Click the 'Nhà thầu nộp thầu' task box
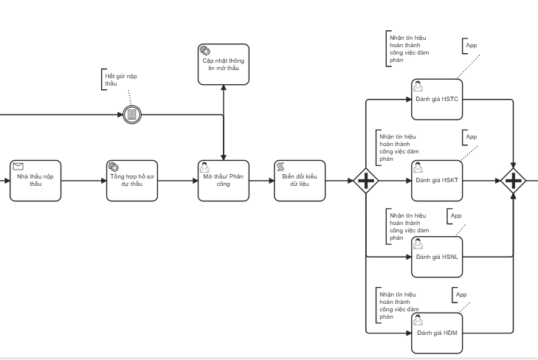(35, 180)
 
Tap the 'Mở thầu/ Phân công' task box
(223, 180)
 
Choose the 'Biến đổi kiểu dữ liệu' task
(299, 180)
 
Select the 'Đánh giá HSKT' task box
(436, 180)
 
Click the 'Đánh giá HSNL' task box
(436, 256)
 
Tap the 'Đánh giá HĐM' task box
(436, 333)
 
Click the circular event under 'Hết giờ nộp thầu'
(131, 114)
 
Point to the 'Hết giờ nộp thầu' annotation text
(121, 80)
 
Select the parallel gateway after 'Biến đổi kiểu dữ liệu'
(366, 181)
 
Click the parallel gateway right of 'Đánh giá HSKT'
(514, 181)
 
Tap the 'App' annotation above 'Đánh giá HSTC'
(471, 46)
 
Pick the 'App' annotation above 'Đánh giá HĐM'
(461, 295)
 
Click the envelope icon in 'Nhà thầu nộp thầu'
(18, 167)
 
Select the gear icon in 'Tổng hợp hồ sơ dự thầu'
(113, 167)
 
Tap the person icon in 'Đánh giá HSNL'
(418, 243)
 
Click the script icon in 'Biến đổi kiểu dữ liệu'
(280, 167)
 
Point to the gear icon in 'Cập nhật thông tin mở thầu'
(204, 50)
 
